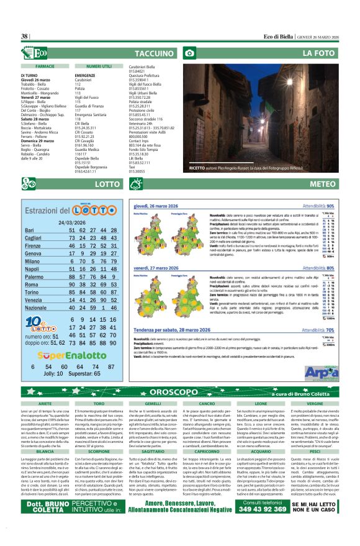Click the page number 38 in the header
pyautogui.click(x=25, y=37)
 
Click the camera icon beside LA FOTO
pyautogui.click(x=189, y=54)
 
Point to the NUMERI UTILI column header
pyautogui.click(x=99, y=65)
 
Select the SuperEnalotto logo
pyautogui.click(x=72, y=356)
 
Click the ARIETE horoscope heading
pyautogui.click(x=45, y=404)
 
